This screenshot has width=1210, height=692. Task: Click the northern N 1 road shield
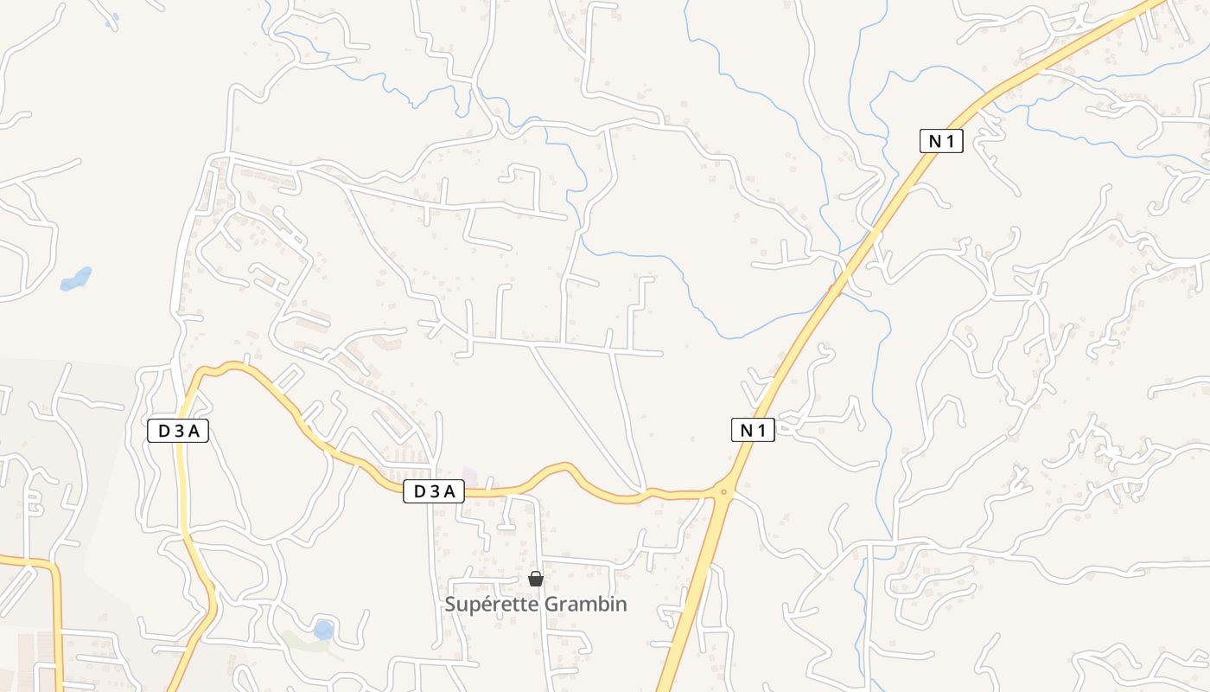point(941,142)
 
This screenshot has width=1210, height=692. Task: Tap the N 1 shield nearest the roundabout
point(753,430)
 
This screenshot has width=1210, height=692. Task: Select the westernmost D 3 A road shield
point(178,431)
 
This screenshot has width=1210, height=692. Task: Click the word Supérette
point(491,605)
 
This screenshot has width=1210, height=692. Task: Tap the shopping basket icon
point(536,579)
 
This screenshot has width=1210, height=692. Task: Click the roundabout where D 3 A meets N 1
point(724,491)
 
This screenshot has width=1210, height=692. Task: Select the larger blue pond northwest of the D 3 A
point(76,279)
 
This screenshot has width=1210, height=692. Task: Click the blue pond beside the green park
point(323,629)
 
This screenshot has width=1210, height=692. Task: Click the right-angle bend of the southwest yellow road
point(54,567)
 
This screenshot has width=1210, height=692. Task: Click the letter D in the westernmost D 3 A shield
point(163,431)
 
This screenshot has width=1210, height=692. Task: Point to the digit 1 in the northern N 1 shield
point(951,142)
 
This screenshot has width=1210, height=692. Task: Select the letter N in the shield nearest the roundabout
point(745,430)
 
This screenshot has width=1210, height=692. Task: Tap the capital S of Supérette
point(450,605)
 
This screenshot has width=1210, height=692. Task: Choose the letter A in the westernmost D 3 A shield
point(194,431)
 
